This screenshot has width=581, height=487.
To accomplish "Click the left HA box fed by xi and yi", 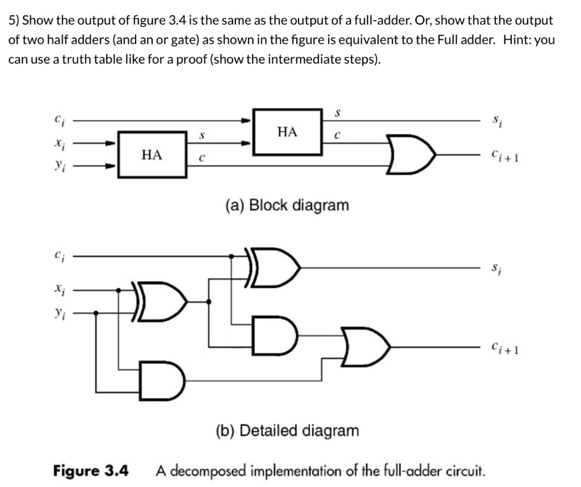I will [x=151, y=154].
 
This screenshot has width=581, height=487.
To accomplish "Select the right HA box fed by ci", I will [x=287, y=132].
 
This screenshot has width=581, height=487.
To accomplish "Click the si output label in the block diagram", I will [x=496, y=120].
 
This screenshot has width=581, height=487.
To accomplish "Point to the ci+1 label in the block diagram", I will [x=503, y=154].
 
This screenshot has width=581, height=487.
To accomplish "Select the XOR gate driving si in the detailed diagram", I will [x=272, y=267].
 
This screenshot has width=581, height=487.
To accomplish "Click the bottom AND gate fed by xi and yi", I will [x=162, y=380].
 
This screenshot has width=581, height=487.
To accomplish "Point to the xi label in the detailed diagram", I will [x=58, y=289].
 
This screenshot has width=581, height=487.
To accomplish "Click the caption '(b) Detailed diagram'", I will [x=287, y=430].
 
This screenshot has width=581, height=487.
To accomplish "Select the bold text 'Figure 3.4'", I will [x=91, y=471].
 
